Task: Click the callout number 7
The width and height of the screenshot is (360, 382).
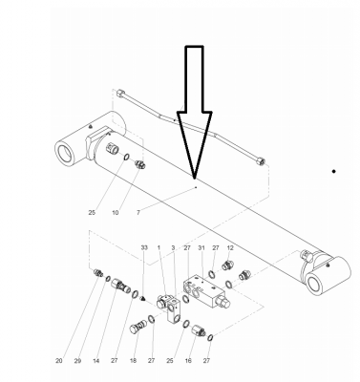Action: click(x=138, y=212)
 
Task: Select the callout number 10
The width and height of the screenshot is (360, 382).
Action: click(x=116, y=212)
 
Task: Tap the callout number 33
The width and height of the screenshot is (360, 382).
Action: click(x=144, y=247)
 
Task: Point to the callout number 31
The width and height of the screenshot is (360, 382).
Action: click(x=201, y=247)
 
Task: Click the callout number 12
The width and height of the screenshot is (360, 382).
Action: click(x=230, y=247)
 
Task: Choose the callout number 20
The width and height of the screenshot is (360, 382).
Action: click(x=59, y=361)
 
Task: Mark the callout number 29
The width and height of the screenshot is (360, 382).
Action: click(x=77, y=361)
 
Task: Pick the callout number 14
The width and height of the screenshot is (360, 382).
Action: click(x=96, y=361)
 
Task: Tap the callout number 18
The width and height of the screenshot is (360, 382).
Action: click(x=133, y=361)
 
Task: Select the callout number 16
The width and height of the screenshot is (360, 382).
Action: click(x=188, y=361)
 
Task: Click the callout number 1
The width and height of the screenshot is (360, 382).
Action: click(x=159, y=247)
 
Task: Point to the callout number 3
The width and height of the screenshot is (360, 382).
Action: click(x=173, y=247)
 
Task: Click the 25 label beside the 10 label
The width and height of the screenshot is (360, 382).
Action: click(x=92, y=212)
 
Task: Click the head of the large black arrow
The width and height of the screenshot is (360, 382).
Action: click(x=195, y=177)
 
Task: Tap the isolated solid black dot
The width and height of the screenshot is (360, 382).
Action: click(x=333, y=171)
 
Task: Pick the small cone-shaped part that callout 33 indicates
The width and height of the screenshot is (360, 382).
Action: click(x=143, y=299)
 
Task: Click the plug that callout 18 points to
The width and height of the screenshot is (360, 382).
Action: click(x=138, y=327)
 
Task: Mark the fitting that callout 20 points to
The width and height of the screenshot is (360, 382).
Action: click(x=98, y=273)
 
